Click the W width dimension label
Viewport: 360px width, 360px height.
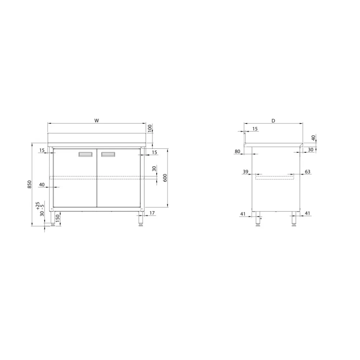[96, 121]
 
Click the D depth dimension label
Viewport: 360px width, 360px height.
[273, 121]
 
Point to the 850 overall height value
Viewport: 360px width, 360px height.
[30, 184]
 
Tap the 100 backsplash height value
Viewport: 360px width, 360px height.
[150, 128]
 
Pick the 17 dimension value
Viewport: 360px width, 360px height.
[152, 213]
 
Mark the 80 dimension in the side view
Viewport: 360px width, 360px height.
[237, 152]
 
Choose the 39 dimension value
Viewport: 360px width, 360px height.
[246, 172]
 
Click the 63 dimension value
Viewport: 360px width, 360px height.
[307, 172]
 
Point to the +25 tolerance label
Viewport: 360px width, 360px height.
[38, 206]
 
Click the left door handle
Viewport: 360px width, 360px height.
[85, 154]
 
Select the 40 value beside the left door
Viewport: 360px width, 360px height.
[42, 185]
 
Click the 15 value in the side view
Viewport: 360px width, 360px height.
[255, 129]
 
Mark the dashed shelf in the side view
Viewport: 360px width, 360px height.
[274, 176]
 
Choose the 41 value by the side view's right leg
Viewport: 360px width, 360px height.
[307, 213]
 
